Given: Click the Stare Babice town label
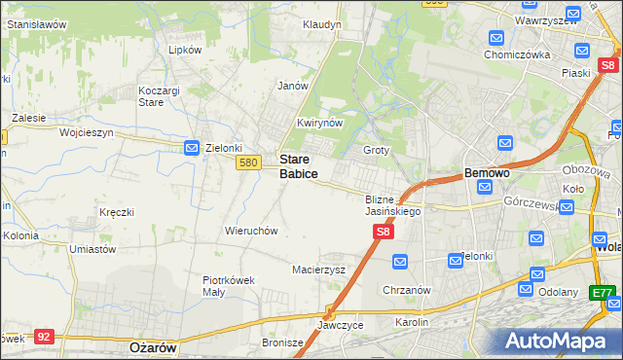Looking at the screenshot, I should click(298, 165).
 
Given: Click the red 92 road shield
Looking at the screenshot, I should click(43, 337).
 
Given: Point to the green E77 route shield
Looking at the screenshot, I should click(604, 292).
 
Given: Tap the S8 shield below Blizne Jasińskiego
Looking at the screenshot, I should click(384, 232).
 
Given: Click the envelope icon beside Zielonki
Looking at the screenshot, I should click(193, 148).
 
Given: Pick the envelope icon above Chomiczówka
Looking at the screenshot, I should click(496, 39).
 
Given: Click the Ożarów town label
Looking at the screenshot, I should click(151, 346).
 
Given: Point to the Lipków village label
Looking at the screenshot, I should click(184, 50).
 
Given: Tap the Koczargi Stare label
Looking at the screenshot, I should click(150, 95).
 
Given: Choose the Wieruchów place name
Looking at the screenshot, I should click(252, 231).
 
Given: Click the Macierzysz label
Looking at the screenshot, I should click(319, 270).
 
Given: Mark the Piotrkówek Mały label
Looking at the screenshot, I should click(228, 285).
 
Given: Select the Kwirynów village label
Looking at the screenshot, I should click(319, 124).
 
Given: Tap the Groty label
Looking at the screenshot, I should click(376, 151).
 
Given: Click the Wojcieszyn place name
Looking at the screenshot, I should click(87, 131).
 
